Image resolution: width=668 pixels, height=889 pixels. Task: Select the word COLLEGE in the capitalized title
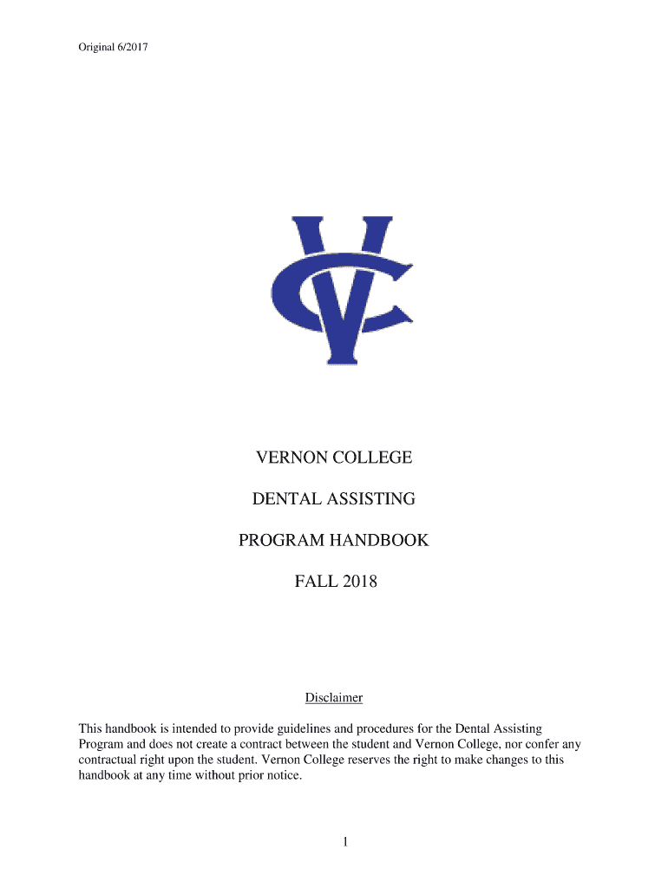pos(370,458)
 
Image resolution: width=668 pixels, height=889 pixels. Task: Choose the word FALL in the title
pos(313,583)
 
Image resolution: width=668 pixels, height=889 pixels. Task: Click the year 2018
pos(359,583)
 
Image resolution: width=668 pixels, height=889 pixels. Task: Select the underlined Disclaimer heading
pos(333,698)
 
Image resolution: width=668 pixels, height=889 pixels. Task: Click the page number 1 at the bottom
pos(344,841)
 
